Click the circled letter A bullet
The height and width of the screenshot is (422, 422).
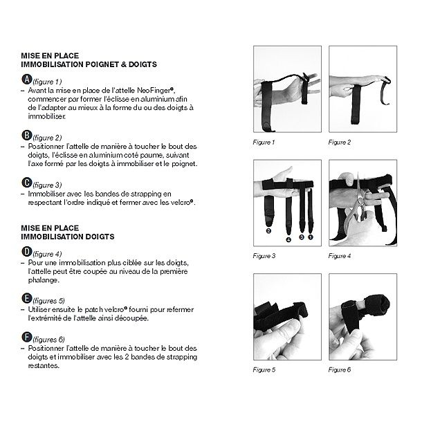(x=27, y=81)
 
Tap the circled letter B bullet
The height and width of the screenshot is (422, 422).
(x=27, y=136)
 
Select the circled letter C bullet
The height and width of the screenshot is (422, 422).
(x=27, y=183)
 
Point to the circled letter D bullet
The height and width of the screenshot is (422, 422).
(x=27, y=253)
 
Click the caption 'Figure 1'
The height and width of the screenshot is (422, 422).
(x=264, y=142)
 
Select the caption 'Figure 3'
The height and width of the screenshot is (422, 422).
(x=264, y=256)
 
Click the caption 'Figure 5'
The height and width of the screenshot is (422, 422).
(x=264, y=370)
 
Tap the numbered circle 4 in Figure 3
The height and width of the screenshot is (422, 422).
(x=288, y=239)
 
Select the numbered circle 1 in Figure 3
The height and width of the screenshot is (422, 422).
(x=311, y=237)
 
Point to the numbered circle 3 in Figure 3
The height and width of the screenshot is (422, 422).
(x=302, y=237)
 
